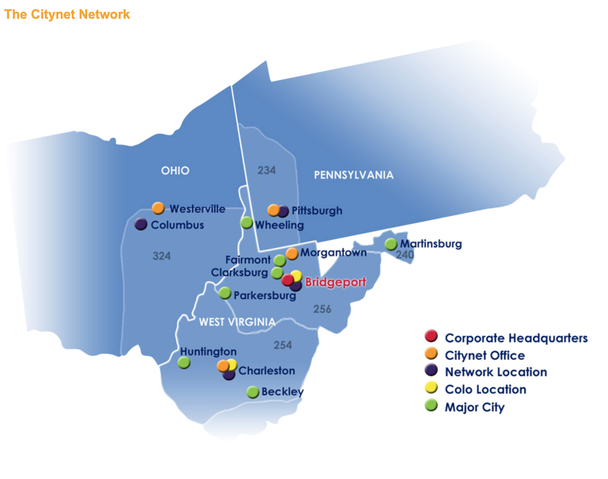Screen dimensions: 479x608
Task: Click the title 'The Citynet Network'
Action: point(67,14)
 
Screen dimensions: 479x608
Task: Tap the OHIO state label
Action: point(175,170)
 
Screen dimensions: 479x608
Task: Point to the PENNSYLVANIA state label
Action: point(354,175)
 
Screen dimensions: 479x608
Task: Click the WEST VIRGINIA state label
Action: point(237,322)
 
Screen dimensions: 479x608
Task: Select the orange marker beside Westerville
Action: point(158,208)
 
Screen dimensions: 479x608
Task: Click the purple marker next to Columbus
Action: point(141,224)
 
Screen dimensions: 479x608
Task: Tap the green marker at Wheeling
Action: point(247,223)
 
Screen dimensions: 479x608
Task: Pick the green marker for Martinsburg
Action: point(391,244)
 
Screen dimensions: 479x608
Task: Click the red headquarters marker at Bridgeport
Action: point(287,280)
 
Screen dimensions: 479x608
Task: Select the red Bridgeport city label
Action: point(335,282)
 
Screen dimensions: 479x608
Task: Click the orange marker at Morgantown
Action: point(292,253)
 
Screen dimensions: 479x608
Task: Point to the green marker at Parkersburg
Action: point(225,293)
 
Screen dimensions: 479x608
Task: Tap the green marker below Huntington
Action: point(184,362)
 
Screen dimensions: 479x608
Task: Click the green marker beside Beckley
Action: point(253,392)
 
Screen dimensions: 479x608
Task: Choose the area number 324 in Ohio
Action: point(162,256)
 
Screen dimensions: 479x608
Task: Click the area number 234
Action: point(267,170)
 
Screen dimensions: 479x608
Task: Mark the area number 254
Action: point(283,345)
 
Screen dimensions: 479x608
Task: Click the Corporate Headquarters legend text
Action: point(516,338)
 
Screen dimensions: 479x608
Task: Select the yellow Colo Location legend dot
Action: point(431,388)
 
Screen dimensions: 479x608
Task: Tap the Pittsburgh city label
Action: point(317,211)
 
